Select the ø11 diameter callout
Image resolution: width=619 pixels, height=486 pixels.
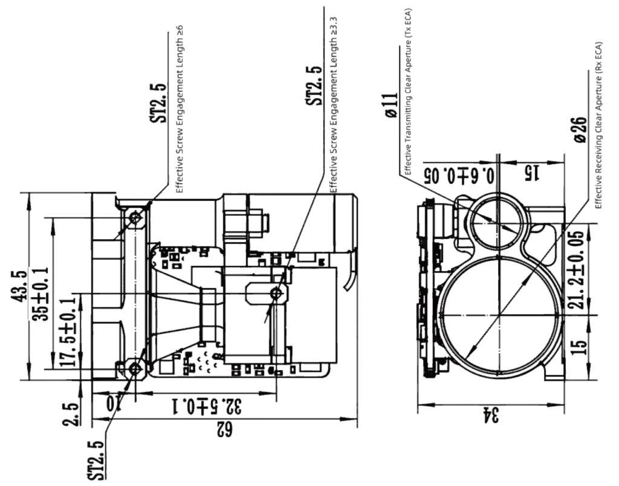pos(391,105)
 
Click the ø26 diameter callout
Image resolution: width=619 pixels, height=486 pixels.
pos(580,130)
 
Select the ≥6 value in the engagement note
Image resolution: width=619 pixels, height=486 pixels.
pos(180,30)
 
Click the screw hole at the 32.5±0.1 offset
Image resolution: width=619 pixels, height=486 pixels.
pos(276,293)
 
